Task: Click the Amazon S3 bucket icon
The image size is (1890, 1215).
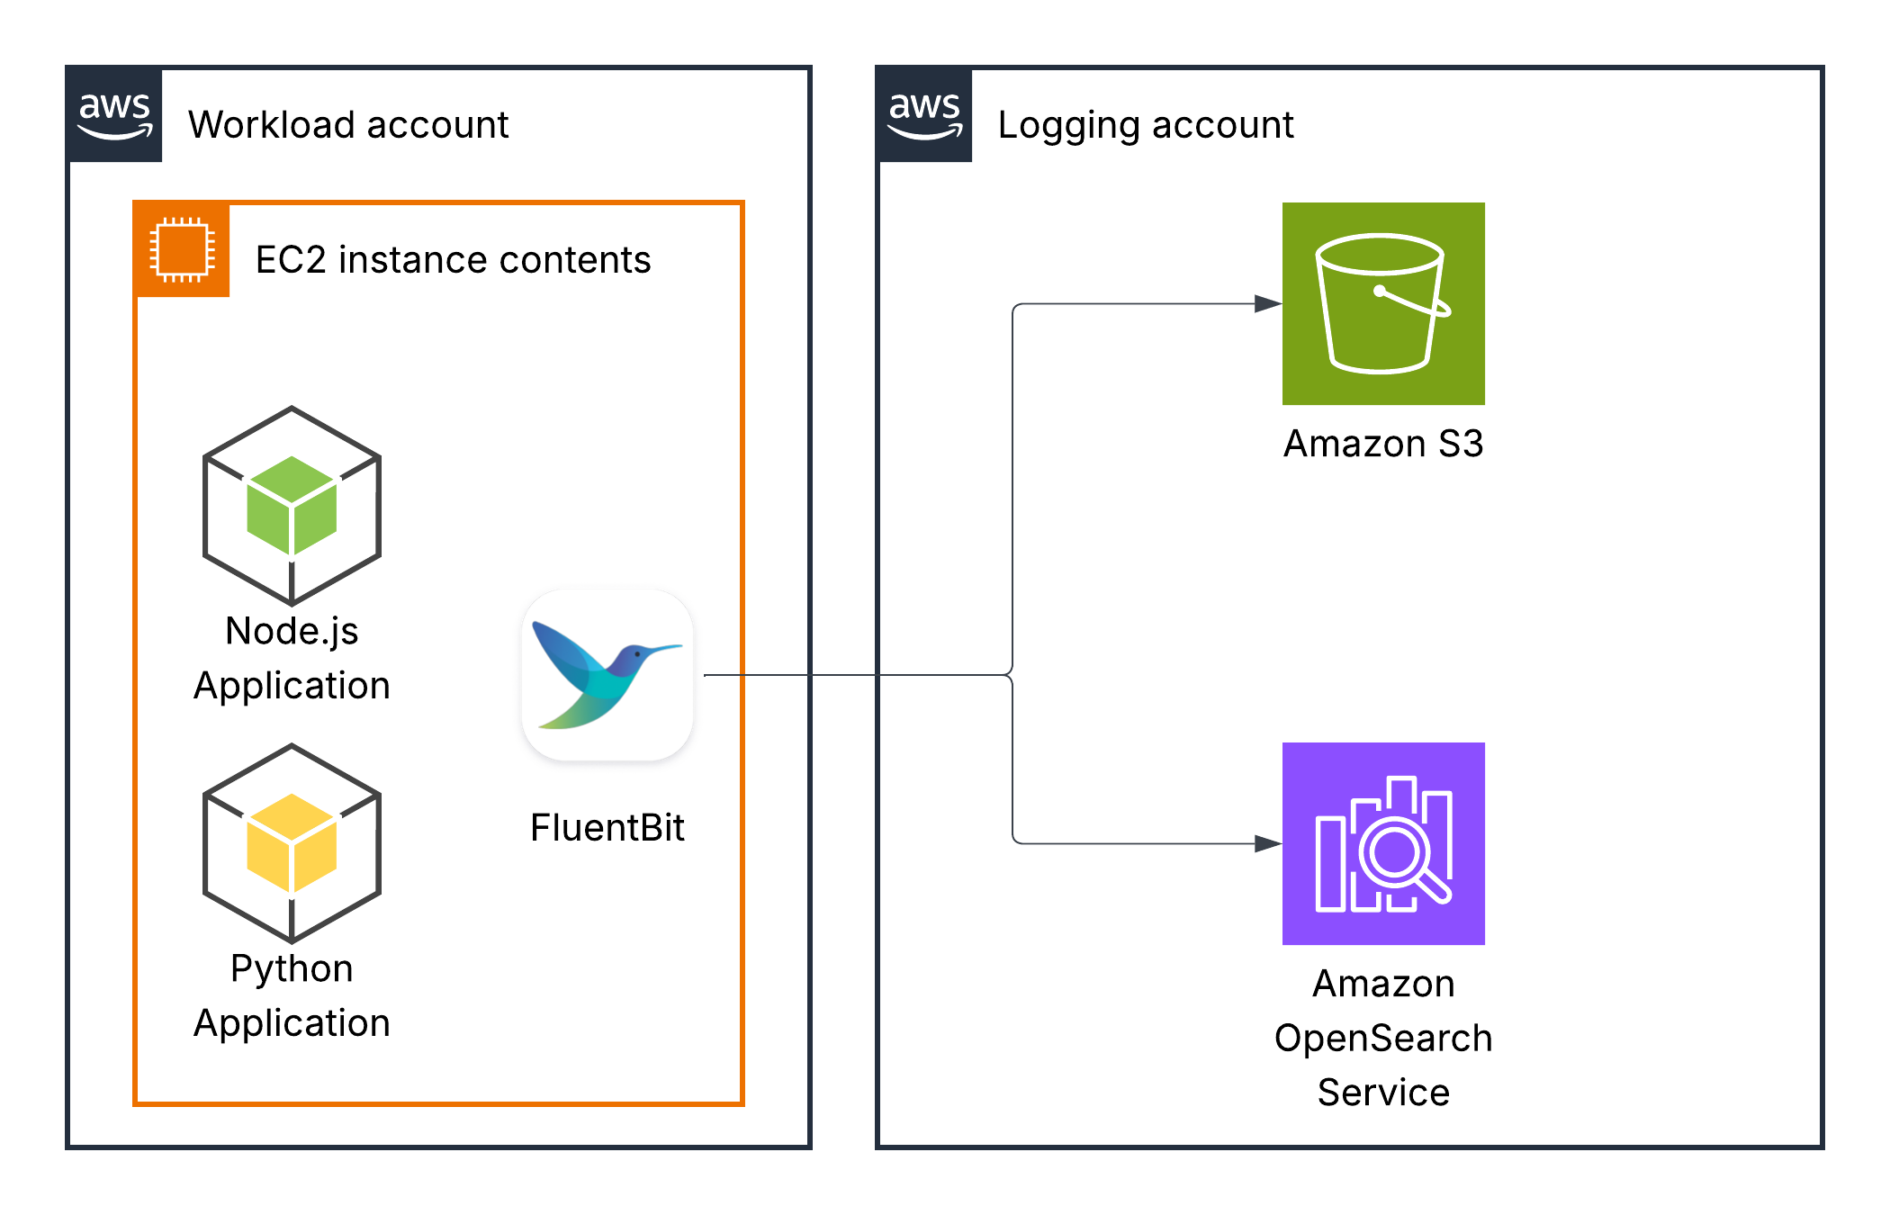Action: pos(1383,303)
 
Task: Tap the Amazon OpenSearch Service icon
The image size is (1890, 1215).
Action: pos(1383,843)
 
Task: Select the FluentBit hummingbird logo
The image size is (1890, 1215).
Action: pos(607,675)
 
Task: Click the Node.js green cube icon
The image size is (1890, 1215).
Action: pos(292,506)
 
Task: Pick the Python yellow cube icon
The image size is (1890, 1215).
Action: pos(292,843)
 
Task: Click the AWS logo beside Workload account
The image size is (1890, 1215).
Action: pos(115,114)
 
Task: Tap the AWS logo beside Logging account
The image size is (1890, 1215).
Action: pos(924,114)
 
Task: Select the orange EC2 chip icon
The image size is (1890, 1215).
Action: pos(182,249)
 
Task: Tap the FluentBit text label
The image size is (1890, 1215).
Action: pos(607,828)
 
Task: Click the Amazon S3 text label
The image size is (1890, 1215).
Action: pos(1383,444)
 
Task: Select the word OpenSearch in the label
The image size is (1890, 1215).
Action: pos(1383,1039)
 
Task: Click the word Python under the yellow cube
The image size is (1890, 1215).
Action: pos(292,969)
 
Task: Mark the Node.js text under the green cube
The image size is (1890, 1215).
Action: pos(292,632)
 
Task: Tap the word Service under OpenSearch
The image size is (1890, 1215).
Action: pos(1383,1093)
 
